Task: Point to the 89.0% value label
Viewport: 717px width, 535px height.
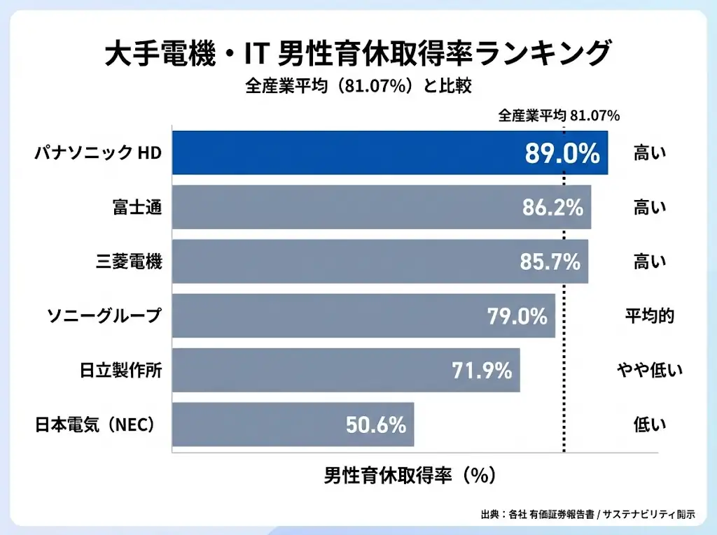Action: pyautogui.click(x=562, y=153)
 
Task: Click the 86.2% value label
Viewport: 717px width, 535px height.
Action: pyautogui.click(x=552, y=207)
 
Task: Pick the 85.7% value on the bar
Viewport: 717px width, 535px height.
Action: pyautogui.click(x=550, y=262)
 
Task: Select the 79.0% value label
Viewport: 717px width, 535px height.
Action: pyautogui.click(x=517, y=316)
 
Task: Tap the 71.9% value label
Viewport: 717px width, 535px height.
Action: pyautogui.click(x=482, y=371)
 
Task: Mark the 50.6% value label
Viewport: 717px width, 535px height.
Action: pyautogui.click(x=376, y=425)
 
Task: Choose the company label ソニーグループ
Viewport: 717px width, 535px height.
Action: pyautogui.click(x=104, y=316)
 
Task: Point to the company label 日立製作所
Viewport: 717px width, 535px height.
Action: pyautogui.click(x=120, y=371)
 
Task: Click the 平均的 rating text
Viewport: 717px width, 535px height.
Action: pyautogui.click(x=649, y=316)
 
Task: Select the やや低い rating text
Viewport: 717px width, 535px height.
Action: pyautogui.click(x=649, y=371)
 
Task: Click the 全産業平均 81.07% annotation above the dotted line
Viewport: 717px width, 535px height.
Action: pyautogui.click(x=559, y=116)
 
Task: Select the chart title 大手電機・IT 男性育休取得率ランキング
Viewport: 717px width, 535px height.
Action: pyautogui.click(x=358, y=54)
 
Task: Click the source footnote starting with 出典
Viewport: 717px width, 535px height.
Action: pyautogui.click(x=588, y=514)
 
